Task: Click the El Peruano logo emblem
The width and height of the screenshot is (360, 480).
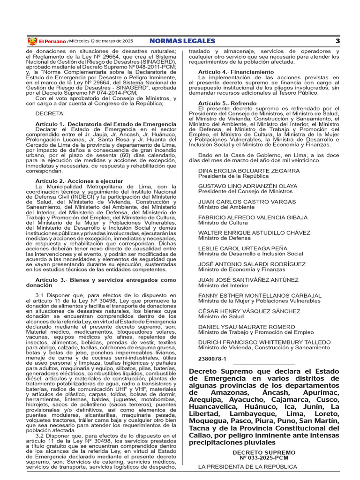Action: coord(32,41)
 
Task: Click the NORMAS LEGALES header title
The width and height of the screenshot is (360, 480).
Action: coord(182,41)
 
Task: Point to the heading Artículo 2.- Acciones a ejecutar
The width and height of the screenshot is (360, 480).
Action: coord(79,181)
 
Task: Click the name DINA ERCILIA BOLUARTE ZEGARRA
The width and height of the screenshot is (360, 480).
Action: coord(249,171)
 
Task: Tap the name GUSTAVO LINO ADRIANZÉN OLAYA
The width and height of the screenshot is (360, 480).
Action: coord(247,186)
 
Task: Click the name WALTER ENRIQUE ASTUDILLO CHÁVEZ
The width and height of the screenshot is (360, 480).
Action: coord(254,233)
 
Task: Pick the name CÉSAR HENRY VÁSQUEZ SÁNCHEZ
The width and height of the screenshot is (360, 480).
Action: coord(249,311)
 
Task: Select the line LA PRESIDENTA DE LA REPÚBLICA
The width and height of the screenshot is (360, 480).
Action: coord(247,467)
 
